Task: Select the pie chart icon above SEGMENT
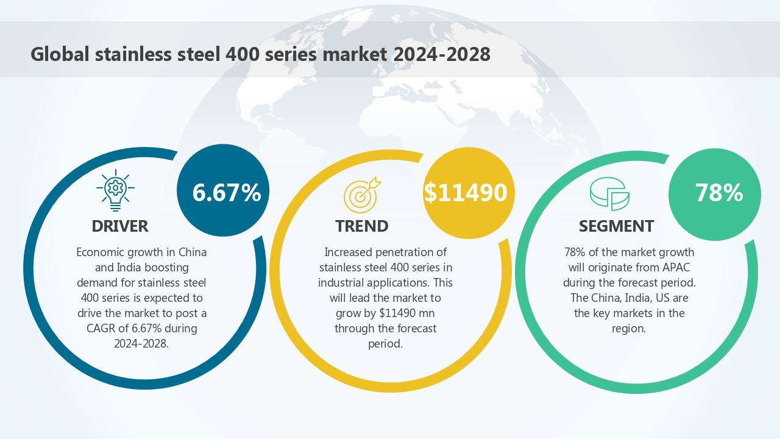coord(609,193)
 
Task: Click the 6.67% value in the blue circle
coord(226,193)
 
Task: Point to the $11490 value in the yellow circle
coord(466,193)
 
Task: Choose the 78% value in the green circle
coord(718,193)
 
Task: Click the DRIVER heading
coord(120,226)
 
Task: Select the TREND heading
coord(362,226)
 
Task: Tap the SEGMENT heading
coord(616,226)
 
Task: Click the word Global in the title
coord(60,54)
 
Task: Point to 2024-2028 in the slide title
coord(442,54)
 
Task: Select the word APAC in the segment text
coord(676,268)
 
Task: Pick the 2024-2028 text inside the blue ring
coord(141,344)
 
